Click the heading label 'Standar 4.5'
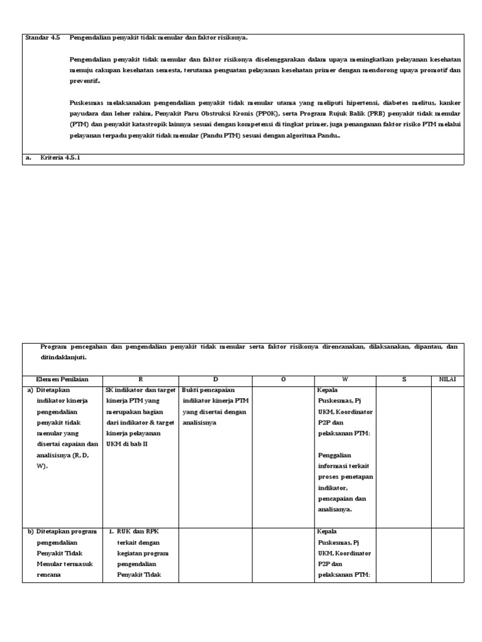[42, 38]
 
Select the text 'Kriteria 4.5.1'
[61, 158]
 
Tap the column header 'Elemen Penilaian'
[62, 379]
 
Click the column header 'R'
[141, 379]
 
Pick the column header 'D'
[215, 379]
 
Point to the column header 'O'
[283, 379]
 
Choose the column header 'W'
[345, 379]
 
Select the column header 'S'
[404, 379]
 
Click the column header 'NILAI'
[447, 379]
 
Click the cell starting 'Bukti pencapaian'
[215, 406]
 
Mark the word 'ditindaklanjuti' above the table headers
[63, 357]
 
